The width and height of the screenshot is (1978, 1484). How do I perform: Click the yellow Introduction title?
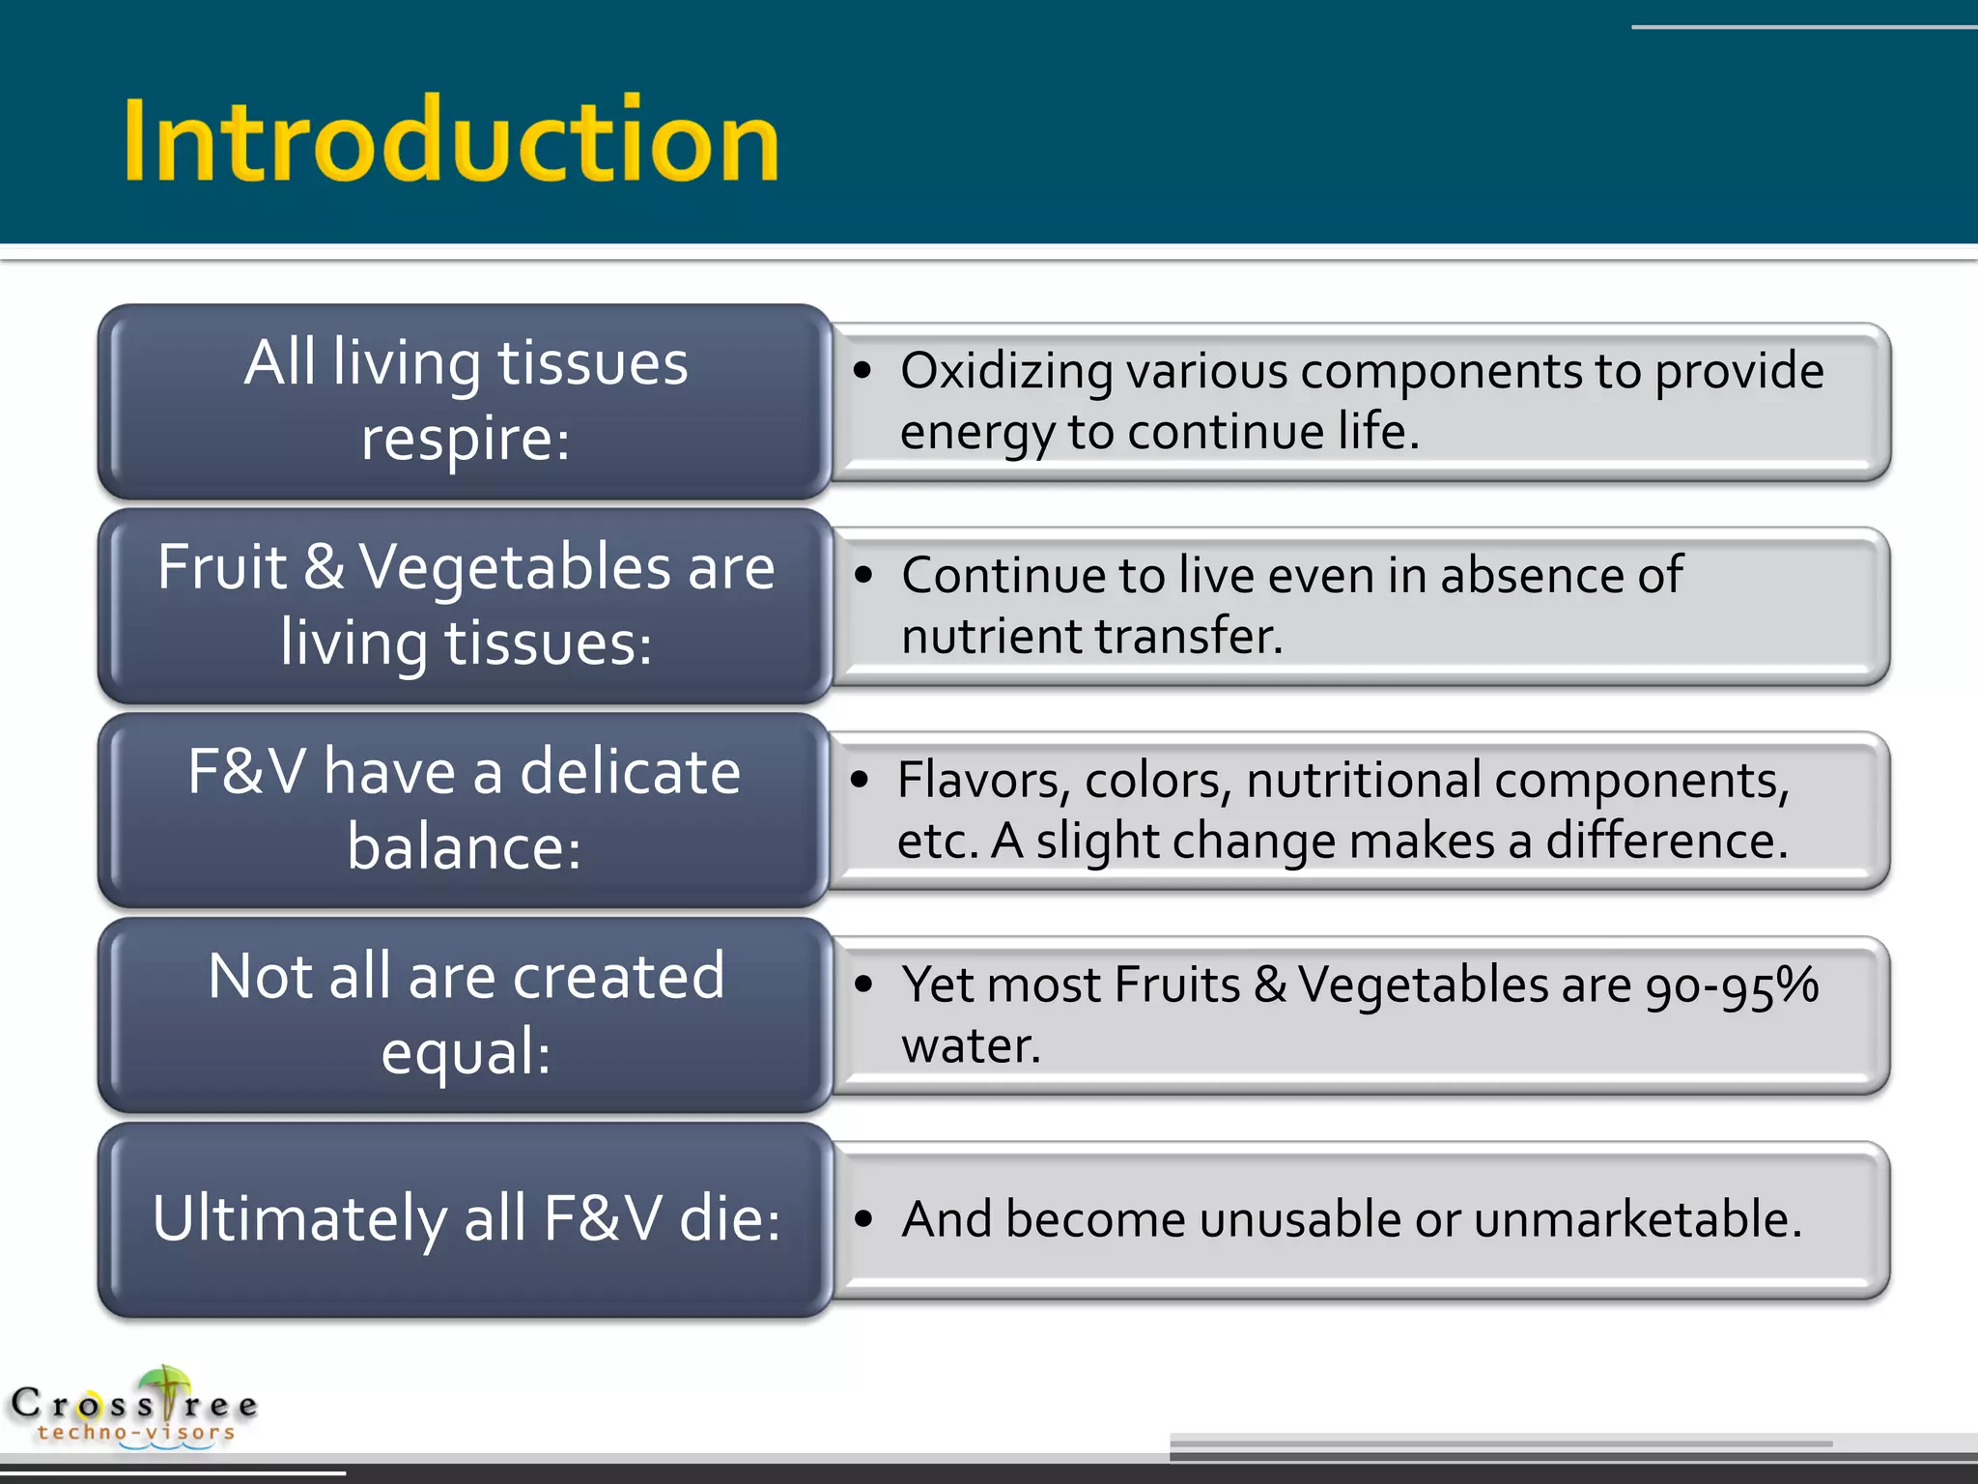point(451,140)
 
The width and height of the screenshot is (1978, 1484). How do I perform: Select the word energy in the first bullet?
point(976,433)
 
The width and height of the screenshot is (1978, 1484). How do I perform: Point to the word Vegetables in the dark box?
point(515,567)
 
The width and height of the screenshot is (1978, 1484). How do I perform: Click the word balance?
point(463,848)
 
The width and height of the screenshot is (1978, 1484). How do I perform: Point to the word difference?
point(1665,841)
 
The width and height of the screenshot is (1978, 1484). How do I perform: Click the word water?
point(970,1046)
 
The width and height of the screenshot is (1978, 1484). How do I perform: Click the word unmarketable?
point(1636,1219)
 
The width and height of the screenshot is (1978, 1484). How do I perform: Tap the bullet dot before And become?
point(863,1219)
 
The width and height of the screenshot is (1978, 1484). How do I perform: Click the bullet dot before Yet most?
point(863,985)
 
